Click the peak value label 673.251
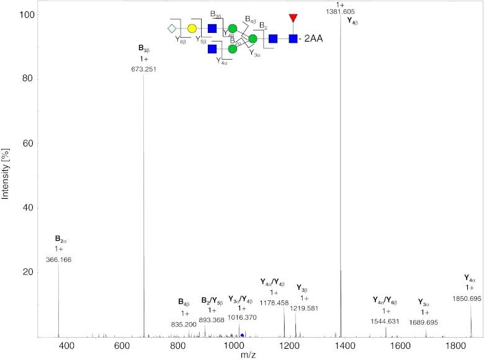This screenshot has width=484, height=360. click(x=144, y=70)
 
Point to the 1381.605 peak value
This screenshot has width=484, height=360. click(x=340, y=12)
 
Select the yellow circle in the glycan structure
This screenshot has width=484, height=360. click(x=192, y=29)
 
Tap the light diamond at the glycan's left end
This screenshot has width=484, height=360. click(x=172, y=29)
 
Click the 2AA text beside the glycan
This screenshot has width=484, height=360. click(x=315, y=39)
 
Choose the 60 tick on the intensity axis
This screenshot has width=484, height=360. click(x=27, y=143)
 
